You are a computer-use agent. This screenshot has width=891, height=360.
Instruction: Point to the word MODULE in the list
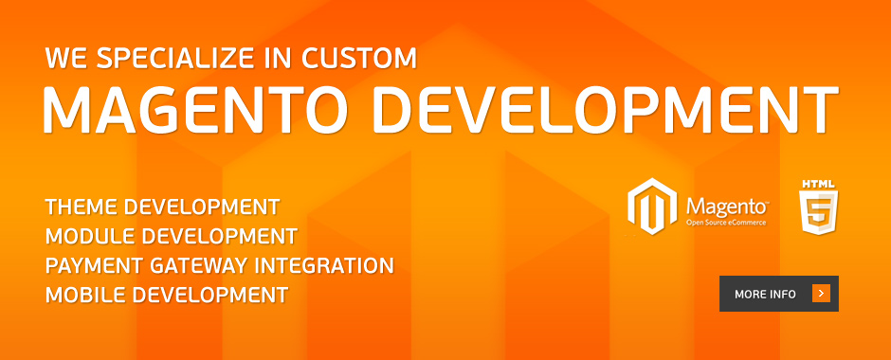pos(88,235)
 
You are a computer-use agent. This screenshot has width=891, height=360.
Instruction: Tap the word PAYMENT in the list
pos(92,264)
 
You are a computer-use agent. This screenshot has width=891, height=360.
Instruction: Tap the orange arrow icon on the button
pos(821,294)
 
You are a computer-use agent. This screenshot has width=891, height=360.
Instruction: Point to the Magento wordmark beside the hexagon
pos(726,204)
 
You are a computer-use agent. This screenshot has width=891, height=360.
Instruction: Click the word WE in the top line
pos(64,58)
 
